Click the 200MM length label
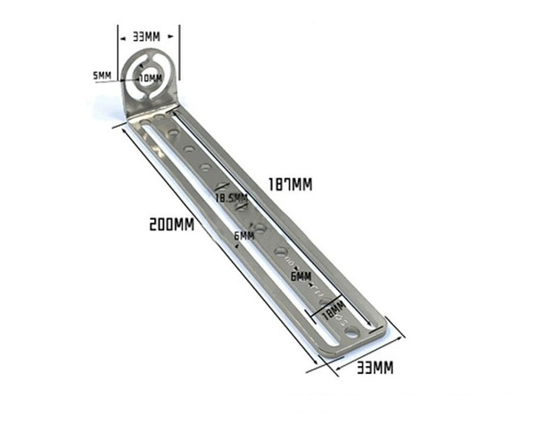coord(172,225)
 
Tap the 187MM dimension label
coord(290,185)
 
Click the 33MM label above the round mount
coord(148,38)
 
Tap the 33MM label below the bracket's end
coord(374,367)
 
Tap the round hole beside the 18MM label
coord(352,331)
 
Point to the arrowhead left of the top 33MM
coord(121,38)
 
